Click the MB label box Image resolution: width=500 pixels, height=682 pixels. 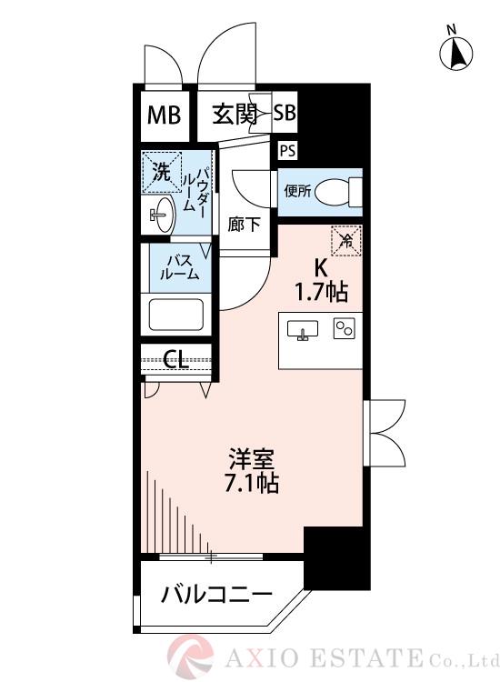point(165,115)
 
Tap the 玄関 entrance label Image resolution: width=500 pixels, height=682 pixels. point(235,115)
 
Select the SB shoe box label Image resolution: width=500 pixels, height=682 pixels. point(285,115)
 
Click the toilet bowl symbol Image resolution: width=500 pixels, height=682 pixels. point(343,192)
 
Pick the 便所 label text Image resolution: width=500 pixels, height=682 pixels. point(297,191)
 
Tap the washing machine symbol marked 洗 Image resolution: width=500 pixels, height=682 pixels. point(161,171)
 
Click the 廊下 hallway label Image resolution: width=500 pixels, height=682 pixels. point(242,224)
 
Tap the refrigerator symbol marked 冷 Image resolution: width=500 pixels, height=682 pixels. point(345,240)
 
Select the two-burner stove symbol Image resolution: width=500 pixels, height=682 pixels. point(344,329)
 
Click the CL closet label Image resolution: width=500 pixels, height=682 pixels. point(175,360)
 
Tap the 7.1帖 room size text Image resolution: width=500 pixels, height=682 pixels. point(253,483)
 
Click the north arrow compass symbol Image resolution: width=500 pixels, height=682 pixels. point(457,54)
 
